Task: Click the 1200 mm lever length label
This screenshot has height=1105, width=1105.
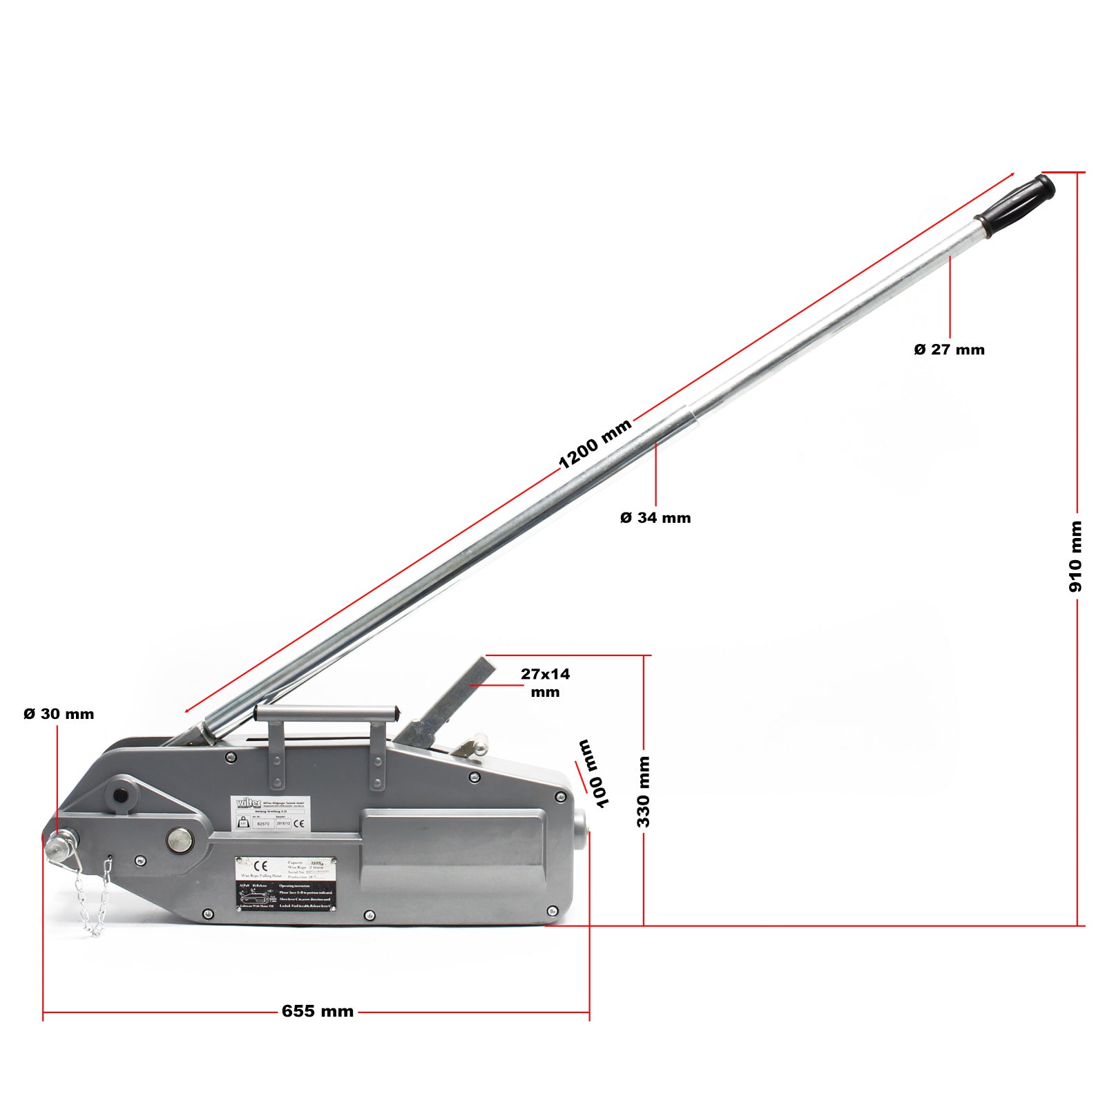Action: (595, 444)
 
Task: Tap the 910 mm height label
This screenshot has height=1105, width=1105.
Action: (1075, 557)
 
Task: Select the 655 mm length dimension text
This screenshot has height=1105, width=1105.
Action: (318, 1012)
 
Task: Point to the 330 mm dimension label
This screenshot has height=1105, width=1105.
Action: (643, 791)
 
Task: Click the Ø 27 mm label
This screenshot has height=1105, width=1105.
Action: (949, 349)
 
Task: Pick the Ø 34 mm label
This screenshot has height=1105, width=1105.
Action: (655, 518)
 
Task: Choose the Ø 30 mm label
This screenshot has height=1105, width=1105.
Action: (59, 714)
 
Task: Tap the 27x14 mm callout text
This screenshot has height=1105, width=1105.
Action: (545, 682)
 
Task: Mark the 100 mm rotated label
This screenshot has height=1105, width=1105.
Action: (595, 773)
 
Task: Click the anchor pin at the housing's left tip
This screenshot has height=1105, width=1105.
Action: (59, 846)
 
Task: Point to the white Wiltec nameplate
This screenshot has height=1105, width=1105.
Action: (270, 814)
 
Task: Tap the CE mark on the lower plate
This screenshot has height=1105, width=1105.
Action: (261, 866)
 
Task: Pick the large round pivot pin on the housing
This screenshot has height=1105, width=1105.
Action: (180, 840)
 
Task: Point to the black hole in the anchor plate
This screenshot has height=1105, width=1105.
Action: (122, 795)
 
